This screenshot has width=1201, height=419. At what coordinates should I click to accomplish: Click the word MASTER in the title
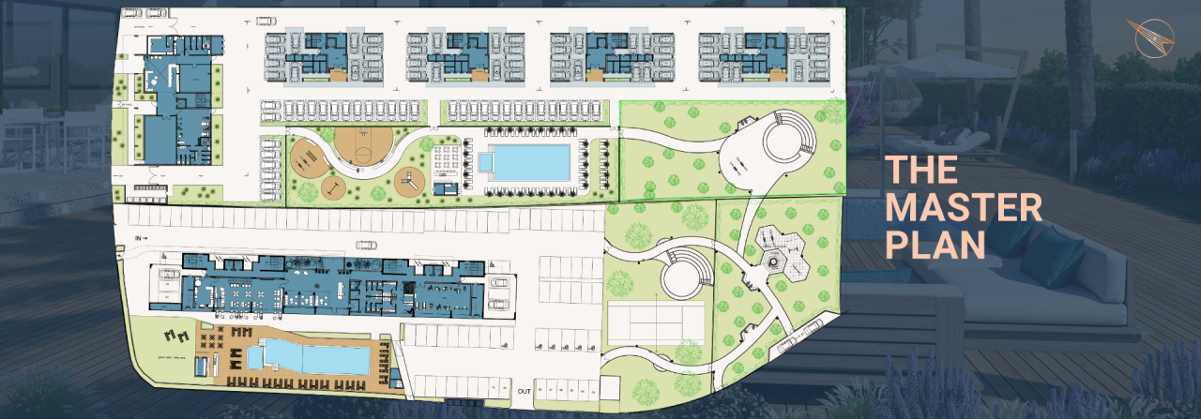964,208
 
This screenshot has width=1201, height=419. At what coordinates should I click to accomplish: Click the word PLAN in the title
935,244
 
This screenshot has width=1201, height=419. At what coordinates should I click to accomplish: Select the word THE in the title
922,172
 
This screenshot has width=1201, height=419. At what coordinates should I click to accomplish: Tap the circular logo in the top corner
1153,37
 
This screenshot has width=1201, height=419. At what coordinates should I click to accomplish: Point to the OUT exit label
524,391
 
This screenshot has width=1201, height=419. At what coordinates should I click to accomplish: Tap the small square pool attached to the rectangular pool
485,163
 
